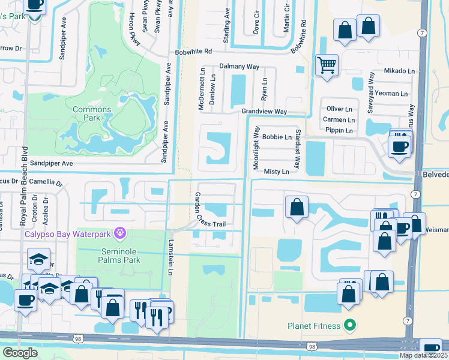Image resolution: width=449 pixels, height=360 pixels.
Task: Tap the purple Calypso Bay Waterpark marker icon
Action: point(120,232)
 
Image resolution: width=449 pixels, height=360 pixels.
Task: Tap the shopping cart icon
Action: point(327,64)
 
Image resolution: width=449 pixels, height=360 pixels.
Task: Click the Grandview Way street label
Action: point(264,112)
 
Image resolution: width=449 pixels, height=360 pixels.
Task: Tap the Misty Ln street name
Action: point(277,172)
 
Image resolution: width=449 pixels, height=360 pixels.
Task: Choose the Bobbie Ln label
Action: point(277,137)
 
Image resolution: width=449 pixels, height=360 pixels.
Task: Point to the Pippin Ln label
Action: point(339,130)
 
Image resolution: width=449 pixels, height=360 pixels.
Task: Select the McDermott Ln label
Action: point(202,88)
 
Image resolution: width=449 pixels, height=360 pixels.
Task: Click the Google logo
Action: point(20,353)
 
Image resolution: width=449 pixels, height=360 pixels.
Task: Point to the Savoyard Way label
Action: point(372,90)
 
